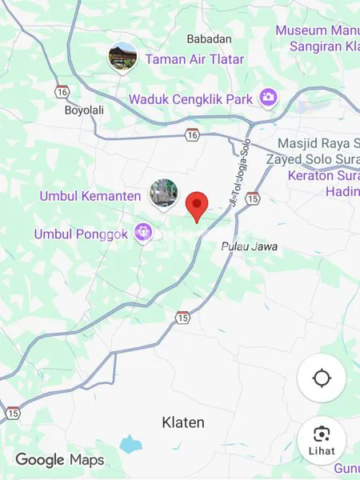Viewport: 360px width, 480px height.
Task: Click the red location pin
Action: [x=197, y=206]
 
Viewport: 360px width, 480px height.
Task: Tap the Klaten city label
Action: [x=183, y=422]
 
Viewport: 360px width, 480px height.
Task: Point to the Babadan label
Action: [x=209, y=38]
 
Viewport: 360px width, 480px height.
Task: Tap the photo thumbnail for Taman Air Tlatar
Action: [x=123, y=56]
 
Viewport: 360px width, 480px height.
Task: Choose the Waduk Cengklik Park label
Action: [x=191, y=99]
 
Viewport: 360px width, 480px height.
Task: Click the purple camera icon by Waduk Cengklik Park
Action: [x=268, y=98]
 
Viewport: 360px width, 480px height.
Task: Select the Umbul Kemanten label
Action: [x=90, y=196]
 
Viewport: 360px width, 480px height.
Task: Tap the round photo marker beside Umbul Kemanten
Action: [x=164, y=194]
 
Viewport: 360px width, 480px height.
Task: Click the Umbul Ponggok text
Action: [x=81, y=234]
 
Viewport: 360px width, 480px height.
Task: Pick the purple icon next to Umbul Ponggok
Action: [x=144, y=234]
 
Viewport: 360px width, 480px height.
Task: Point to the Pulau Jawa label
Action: [x=250, y=246]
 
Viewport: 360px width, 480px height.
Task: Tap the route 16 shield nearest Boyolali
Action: [x=62, y=91]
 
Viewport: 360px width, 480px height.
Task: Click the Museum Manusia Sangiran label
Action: [x=318, y=38]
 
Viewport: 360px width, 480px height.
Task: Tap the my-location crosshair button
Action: [x=322, y=378]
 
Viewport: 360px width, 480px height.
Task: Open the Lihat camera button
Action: [x=322, y=439]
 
